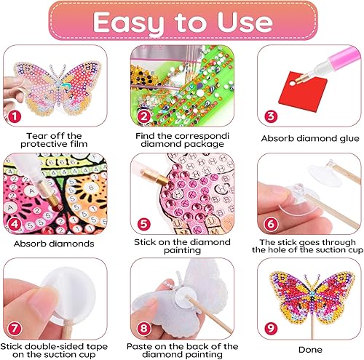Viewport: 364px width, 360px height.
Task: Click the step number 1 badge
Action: [15, 116]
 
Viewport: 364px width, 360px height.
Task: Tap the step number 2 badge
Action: [144, 116]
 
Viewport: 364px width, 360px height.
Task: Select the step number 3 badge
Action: [271, 116]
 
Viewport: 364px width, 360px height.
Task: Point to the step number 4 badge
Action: [15, 223]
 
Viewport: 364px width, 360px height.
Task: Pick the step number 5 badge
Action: [144, 223]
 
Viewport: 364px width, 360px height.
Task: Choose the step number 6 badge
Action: [271, 223]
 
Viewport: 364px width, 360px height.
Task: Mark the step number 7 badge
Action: [15, 329]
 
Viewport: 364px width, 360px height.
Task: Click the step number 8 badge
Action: [144, 329]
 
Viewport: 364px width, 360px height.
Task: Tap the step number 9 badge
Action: [271, 329]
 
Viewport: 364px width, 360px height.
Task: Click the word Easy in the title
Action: [128, 24]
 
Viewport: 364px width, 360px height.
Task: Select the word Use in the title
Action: [245, 22]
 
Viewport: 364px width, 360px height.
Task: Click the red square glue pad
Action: [303, 91]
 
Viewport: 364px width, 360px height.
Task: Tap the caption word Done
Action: [310, 350]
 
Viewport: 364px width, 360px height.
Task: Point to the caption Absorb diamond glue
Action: [310, 138]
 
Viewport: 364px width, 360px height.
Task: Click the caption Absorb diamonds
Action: [54, 244]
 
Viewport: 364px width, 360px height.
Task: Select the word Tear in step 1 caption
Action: [36, 136]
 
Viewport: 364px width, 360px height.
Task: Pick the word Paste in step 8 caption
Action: [139, 346]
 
